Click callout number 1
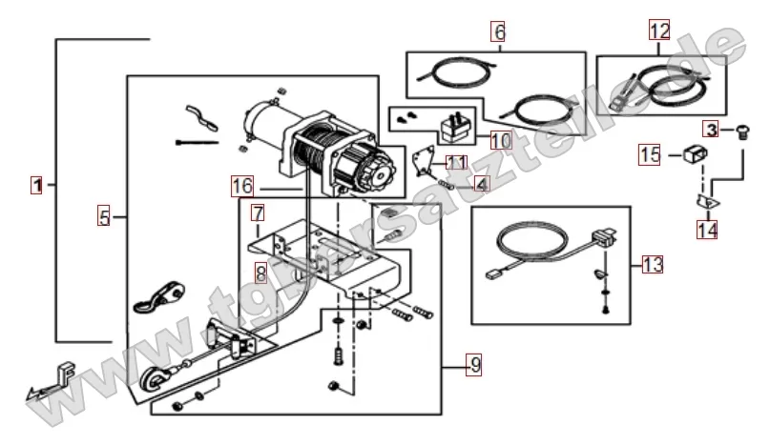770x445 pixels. pyautogui.click(x=36, y=185)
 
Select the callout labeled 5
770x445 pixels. pyautogui.click(x=104, y=217)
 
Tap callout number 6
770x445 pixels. pyautogui.click(x=498, y=31)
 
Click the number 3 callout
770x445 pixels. pyautogui.click(x=711, y=129)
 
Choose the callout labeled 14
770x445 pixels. pyautogui.click(x=707, y=230)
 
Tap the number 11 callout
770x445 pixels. pyautogui.click(x=456, y=162)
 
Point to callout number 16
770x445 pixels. pyautogui.click(x=242, y=183)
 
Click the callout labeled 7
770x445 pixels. pyautogui.click(x=258, y=211)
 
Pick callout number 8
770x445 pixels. pyautogui.click(x=260, y=273)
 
